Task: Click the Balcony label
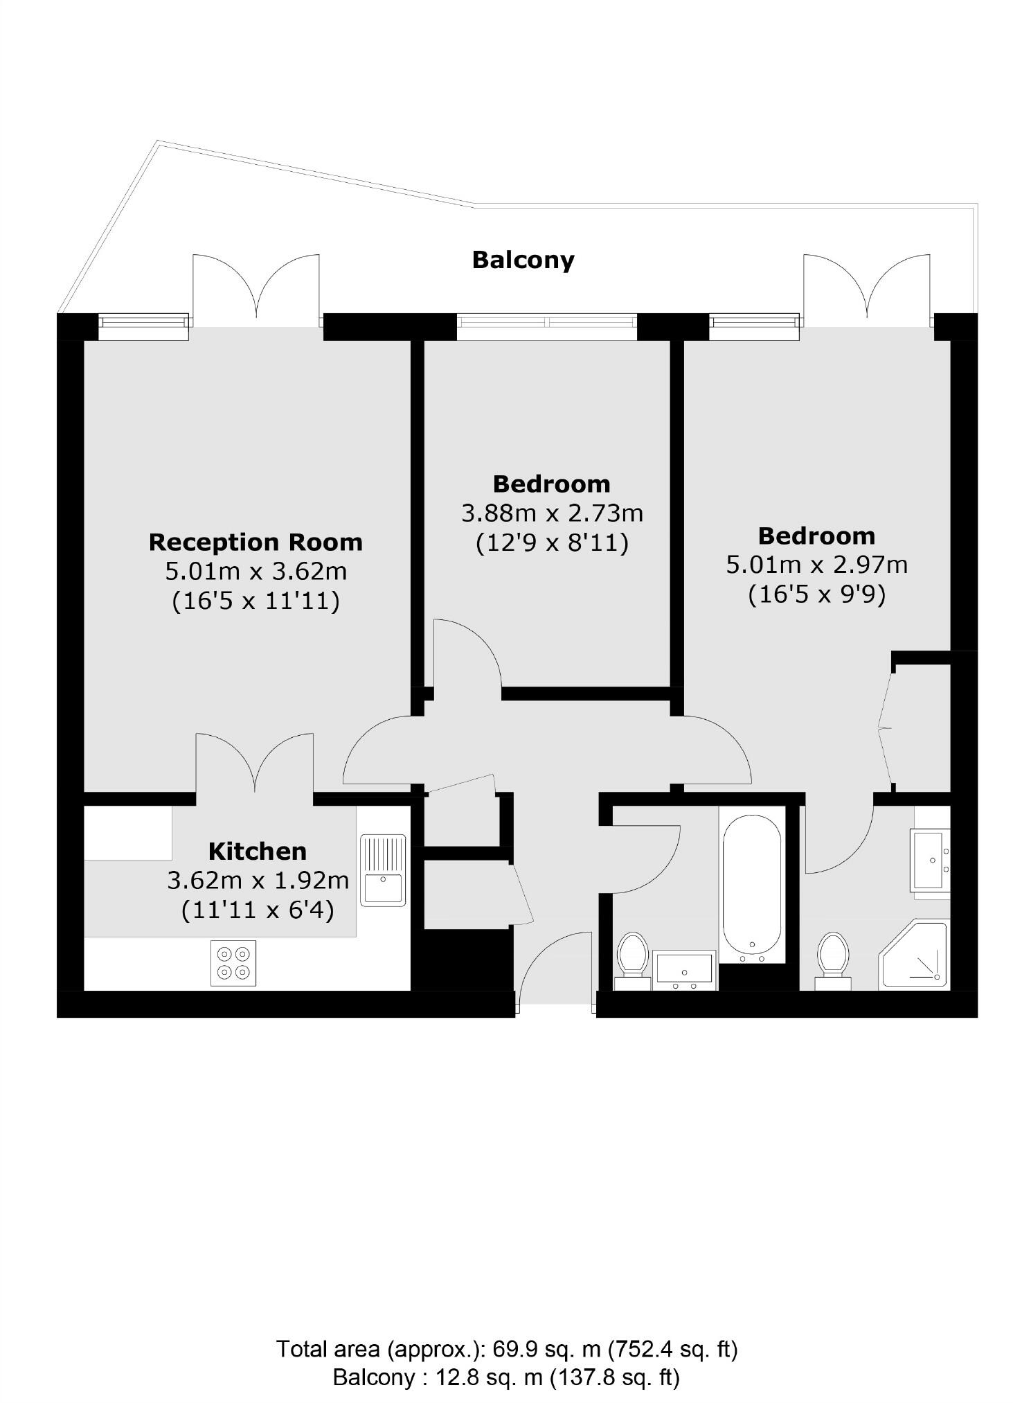click(x=523, y=261)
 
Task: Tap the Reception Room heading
click(x=256, y=542)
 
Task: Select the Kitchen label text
click(x=258, y=851)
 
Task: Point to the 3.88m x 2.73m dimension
click(x=552, y=513)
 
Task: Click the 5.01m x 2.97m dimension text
click(x=816, y=565)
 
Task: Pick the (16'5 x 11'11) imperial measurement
click(x=256, y=601)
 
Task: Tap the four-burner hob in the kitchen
click(x=233, y=963)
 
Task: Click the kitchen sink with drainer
click(x=383, y=870)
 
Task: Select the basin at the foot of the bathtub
click(x=684, y=969)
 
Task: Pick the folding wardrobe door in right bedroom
click(x=885, y=727)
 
